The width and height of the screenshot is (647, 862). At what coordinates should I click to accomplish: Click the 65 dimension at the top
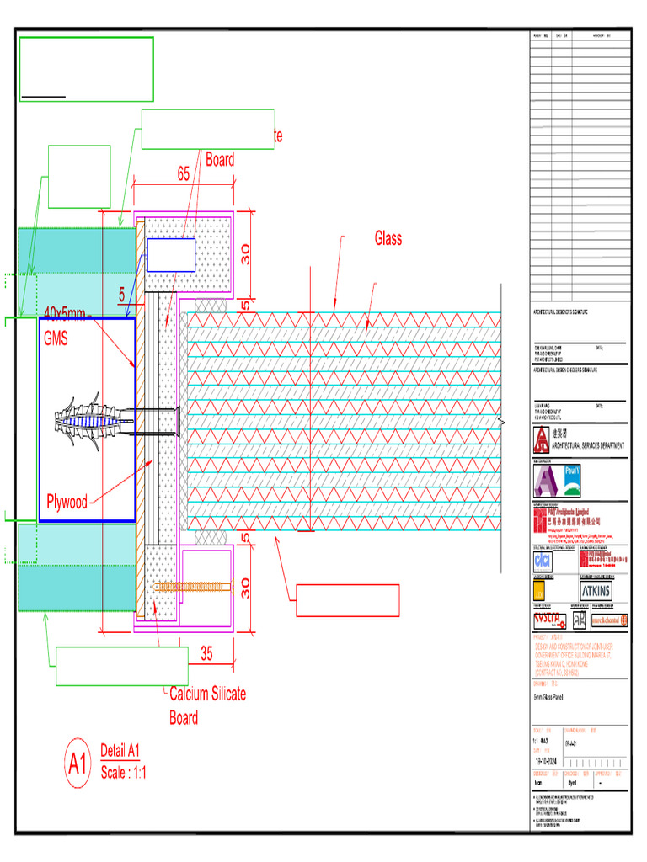click(183, 174)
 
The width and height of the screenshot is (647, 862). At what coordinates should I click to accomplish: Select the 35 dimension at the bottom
click(206, 652)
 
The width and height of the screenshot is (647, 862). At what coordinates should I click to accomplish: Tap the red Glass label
click(388, 238)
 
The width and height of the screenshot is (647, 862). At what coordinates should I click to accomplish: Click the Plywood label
click(66, 503)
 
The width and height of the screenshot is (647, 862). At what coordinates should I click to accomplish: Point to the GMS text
click(57, 338)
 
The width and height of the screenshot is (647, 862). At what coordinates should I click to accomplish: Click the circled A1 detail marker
click(78, 764)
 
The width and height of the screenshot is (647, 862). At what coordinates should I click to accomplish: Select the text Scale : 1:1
click(123, 773)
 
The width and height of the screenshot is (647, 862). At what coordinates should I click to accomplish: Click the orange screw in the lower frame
click(190, 585)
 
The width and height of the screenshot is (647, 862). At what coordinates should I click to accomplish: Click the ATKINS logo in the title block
click(596, 591)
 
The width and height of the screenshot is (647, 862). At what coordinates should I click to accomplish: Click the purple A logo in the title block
click(546, 481)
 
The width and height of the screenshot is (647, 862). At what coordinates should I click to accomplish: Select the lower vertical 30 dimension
click(245, 588)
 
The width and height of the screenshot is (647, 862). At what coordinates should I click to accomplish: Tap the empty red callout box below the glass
click(347, 601)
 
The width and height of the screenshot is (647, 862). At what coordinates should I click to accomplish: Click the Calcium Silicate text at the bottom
click(208, 694)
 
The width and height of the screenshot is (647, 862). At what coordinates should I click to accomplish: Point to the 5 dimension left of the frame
click(121, 295)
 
